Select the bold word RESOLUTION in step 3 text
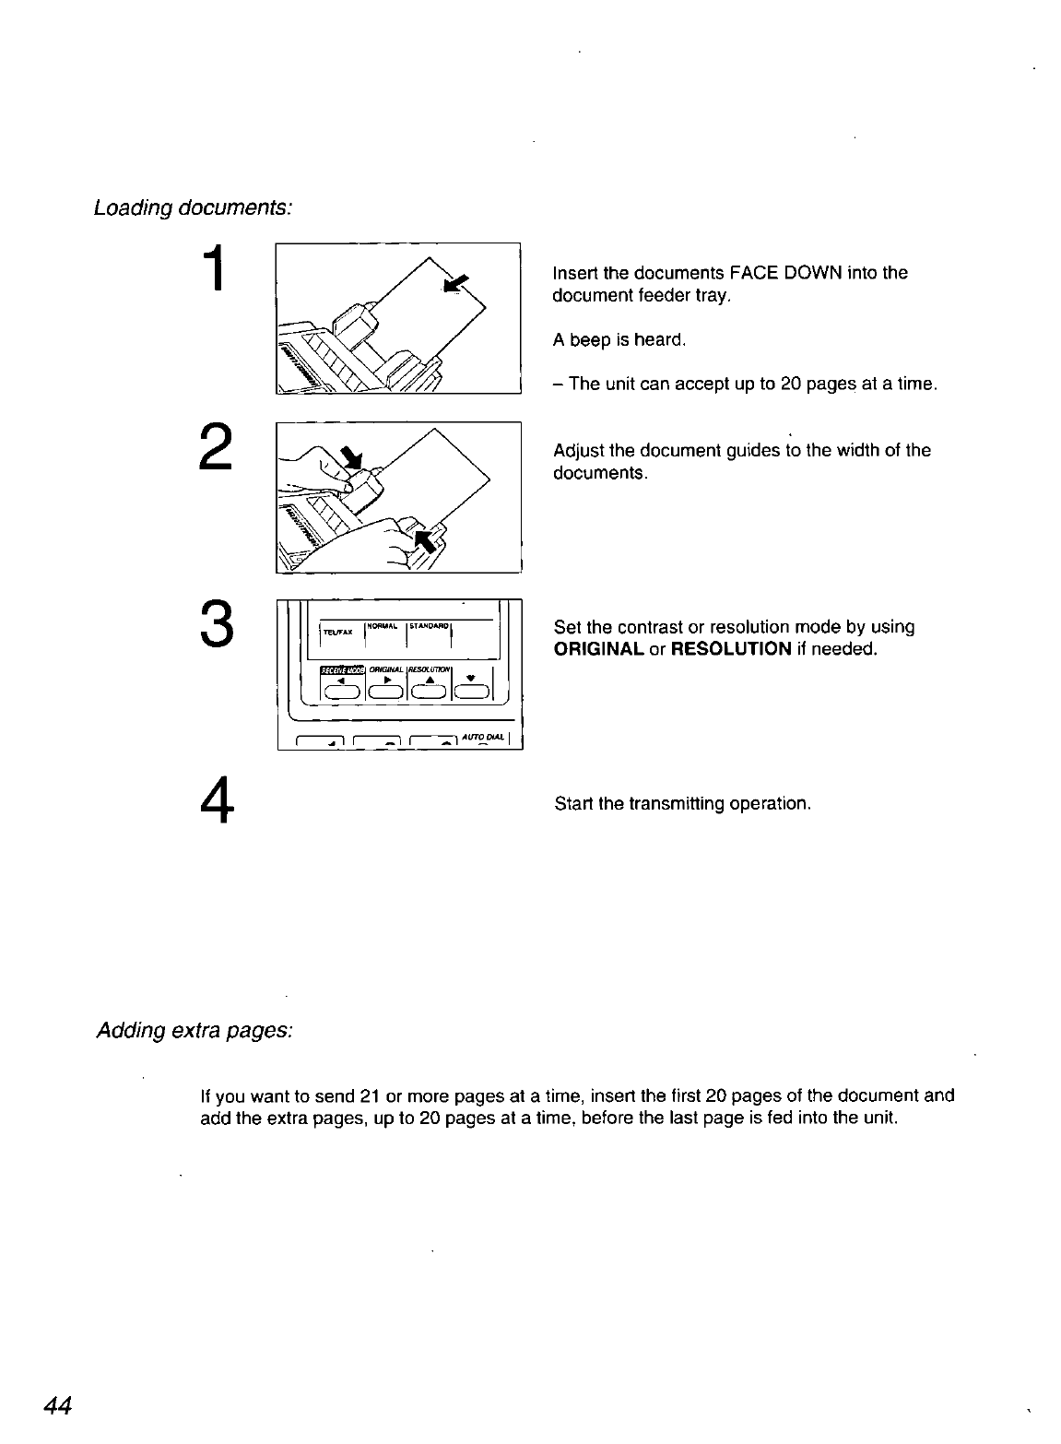[x=731, y=649]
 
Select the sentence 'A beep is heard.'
[x=619, y=340]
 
